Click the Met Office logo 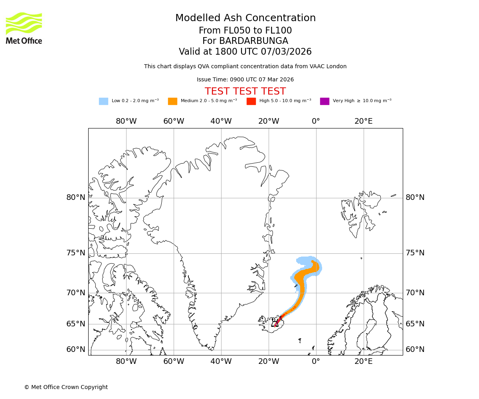point(24,28)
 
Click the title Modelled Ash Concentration point(245,18)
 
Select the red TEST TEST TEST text point(245,91)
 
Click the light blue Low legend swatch point(103,101)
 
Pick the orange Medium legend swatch point(172,101)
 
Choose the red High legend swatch point(251,101)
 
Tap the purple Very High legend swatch point(325,101)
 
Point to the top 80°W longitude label point(126,121)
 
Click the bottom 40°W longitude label point(221,362)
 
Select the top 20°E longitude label point(363,121)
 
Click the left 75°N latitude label point(76,253)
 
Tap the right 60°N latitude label point(415,350)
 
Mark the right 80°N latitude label point(415,198)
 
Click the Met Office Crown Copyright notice point(66,387)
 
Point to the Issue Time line point(245,80)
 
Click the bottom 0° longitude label point(316,362)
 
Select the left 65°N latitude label point(76,324)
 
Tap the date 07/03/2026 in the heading point(286,52)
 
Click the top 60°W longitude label point(174,121)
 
